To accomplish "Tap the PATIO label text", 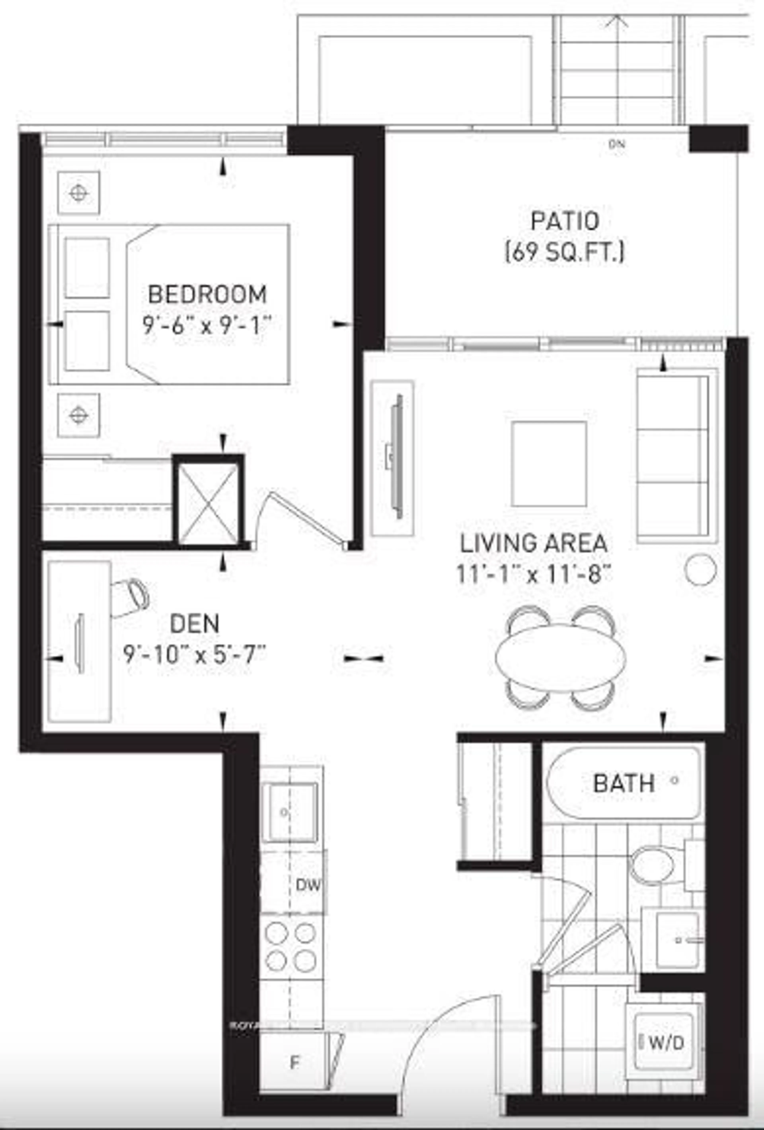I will (564, 222).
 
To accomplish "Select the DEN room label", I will (195, 624).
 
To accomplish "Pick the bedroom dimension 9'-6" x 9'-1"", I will (206, 324).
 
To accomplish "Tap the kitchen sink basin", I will (290, 812).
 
